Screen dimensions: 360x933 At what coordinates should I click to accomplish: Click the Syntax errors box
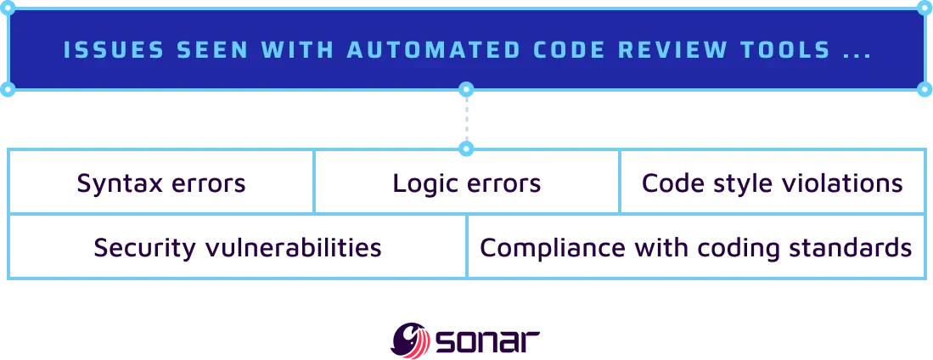[x=162, y=183]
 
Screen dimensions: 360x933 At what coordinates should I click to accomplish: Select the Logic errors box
[x=468, y=183]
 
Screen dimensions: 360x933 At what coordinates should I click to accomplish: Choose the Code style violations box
[x=772, y=183]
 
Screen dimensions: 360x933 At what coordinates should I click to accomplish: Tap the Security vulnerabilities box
[x=237, y=247]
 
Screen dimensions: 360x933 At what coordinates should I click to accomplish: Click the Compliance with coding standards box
[x=695, y=247]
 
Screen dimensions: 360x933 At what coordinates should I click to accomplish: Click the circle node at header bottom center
[x=465, y=89]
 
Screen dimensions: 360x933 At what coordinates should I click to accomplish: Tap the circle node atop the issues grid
[x=465, y=149]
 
